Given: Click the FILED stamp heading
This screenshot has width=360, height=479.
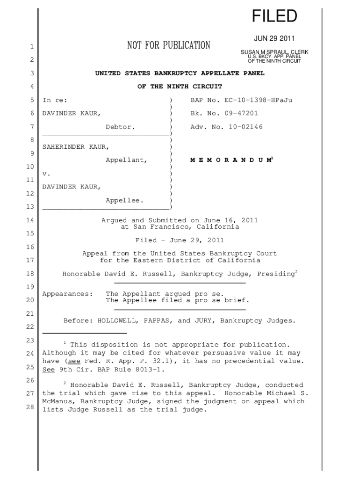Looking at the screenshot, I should (x=274, y=17).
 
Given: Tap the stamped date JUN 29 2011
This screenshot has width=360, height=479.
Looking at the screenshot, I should (x=274, y=38).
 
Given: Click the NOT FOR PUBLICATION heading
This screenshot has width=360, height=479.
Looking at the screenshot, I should (x=169, y=45).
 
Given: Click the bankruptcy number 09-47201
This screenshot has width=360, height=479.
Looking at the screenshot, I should (x=238, y=113).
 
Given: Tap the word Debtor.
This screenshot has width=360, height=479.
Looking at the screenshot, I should (x=120, y=127).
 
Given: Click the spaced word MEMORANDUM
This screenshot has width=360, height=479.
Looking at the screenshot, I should (x=230, y=160).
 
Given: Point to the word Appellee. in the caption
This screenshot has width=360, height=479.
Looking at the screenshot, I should (x=124, y=200).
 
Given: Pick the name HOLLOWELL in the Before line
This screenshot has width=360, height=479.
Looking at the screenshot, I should (x=116, y=321).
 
